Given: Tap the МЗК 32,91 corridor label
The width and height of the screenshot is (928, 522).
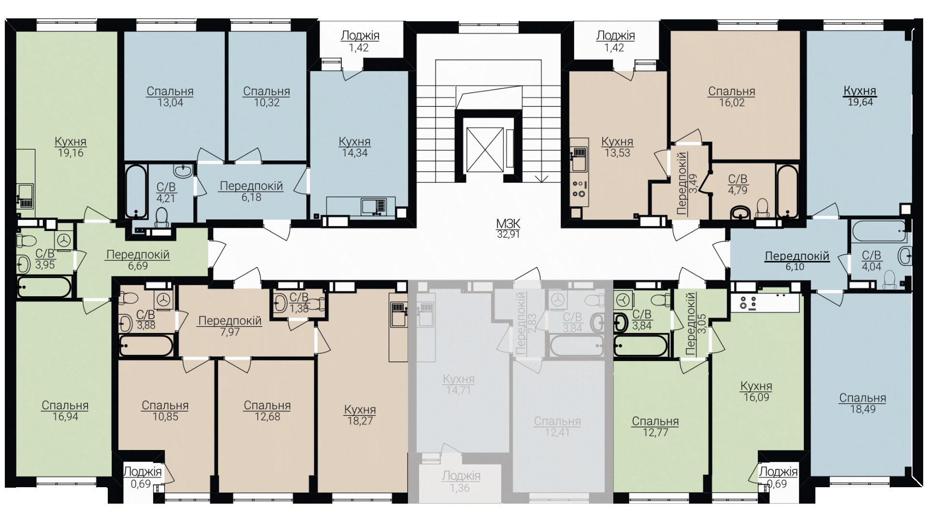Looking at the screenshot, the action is point(508,229).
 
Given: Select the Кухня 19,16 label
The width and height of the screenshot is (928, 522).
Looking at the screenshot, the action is point(71,147).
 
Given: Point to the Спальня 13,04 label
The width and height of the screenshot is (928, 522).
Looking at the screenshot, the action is point(170,97).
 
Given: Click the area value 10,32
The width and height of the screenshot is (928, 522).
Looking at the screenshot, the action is point(267,102).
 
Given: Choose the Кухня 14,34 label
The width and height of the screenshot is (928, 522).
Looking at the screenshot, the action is point(355,147).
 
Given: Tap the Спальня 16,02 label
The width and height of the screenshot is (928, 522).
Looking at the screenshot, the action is point(732,97).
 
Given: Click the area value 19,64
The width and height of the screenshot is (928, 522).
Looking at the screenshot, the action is point(860,102).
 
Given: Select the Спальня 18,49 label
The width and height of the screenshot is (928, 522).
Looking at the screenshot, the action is point(863,404).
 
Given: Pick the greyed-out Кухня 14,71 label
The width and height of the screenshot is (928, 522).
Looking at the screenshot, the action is point(459,385).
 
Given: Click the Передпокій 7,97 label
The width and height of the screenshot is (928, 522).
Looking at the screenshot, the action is point(230,326).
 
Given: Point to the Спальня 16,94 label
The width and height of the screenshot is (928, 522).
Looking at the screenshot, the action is point(65,411).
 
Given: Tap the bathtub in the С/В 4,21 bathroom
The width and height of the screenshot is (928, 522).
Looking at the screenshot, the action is point(136,192).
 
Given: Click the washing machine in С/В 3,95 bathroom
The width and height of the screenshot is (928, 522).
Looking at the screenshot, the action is point(65,240).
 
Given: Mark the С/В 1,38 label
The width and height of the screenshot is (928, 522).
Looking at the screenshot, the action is point(299,303).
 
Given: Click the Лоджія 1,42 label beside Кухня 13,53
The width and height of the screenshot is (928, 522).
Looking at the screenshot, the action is point(615,42).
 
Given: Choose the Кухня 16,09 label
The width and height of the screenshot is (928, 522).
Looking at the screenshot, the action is point(756,391).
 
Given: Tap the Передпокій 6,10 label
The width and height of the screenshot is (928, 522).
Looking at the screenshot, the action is point(797,261).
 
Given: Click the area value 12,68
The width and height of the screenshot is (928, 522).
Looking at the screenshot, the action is point(267,417).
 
